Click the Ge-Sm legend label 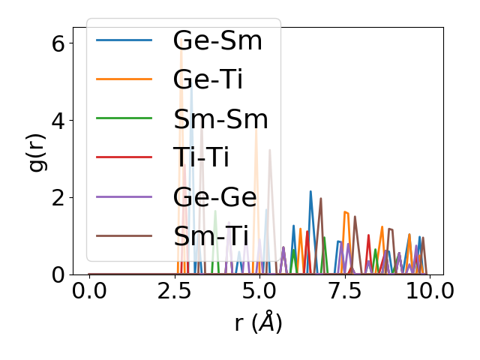point(217,40)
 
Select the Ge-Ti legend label point(208,79)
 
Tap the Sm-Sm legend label point(220,118)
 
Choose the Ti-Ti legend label point(201,157)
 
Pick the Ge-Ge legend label point(214,196)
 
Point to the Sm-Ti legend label point(211,235)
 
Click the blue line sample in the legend point(124,40)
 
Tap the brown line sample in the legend point(124,235)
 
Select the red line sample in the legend point(124,157)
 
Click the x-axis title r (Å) point(258,323)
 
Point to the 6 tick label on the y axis point(58,43)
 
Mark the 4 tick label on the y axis point(58,120)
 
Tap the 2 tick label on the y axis point(58,197)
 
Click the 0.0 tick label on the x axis point(89,291)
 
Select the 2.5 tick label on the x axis point(174,291)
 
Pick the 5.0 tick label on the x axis point(259,291)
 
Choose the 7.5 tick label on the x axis point(343,291)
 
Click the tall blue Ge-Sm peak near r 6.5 point(310,192)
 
